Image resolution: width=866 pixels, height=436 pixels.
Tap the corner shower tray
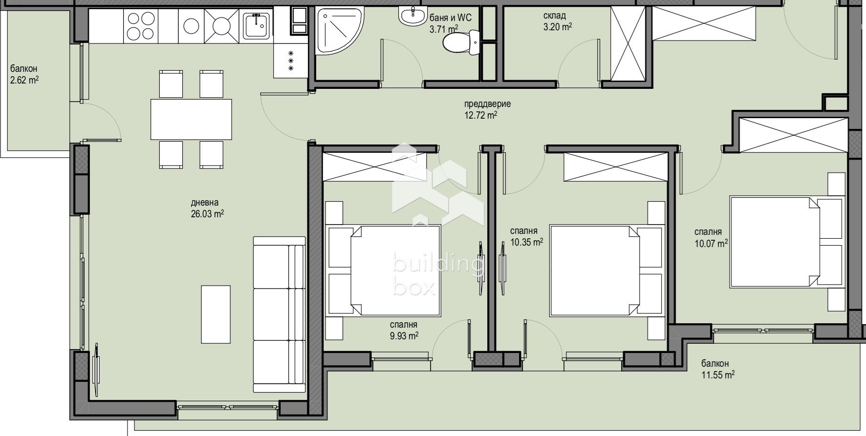[338, 30]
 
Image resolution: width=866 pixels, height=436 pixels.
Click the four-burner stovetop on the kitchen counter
[141, 26]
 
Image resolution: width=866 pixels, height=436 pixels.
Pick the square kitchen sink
[257, 26]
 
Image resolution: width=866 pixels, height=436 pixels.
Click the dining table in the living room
[191, 119]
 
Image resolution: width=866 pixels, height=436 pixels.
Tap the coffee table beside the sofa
[216, 314]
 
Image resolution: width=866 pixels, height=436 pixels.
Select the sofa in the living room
[279, 314]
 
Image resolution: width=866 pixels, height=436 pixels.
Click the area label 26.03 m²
[208, 213]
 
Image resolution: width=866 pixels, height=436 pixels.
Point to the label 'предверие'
[487, 104]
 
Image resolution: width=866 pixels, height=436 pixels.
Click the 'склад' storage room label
[555, 16]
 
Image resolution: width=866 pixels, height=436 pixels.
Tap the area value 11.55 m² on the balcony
[718, 375]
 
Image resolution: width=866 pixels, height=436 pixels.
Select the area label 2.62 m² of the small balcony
[24, 80]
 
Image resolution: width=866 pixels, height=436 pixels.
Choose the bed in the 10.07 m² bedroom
[787, 242]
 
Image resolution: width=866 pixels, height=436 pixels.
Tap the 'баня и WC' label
[451, 18]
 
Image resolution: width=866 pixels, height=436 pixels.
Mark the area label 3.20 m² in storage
[558, 27]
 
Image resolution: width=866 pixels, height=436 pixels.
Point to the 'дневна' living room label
[205, 203]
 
